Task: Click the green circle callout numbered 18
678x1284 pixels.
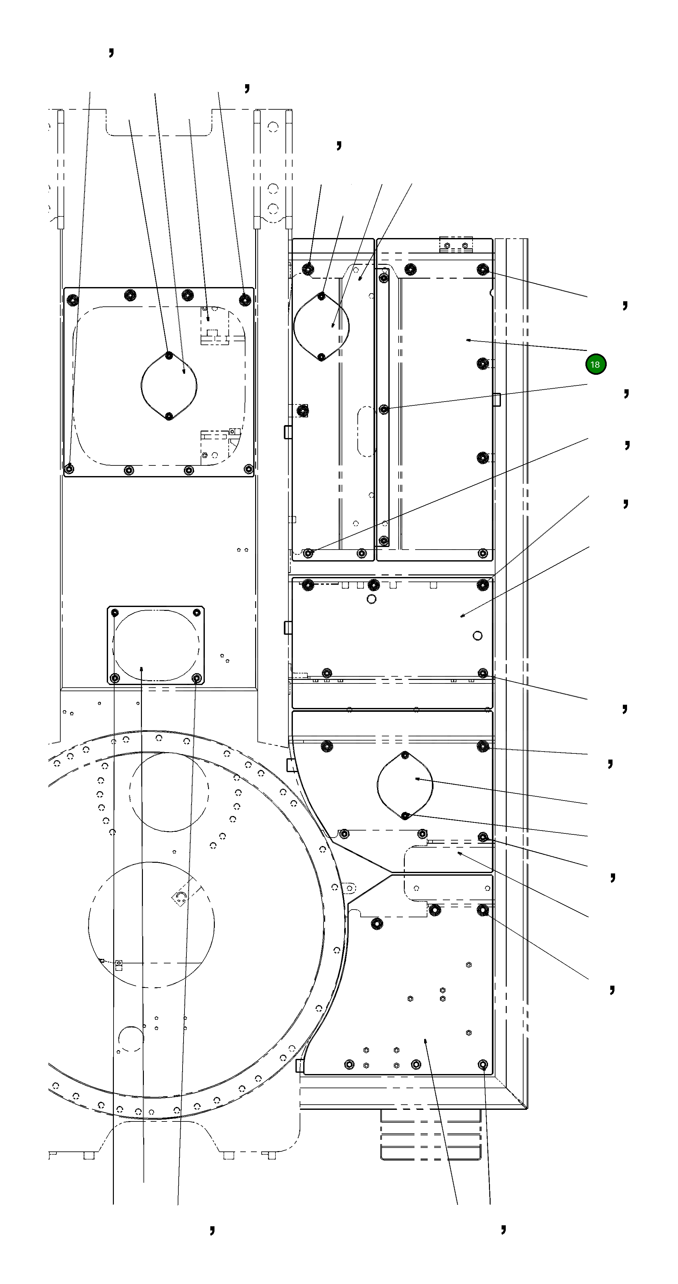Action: point(595,364)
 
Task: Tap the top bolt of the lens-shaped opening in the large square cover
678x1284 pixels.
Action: point(169,355)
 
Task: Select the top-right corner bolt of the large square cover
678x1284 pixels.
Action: point(245,300)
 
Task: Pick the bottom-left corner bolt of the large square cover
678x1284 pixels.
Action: point(70,469)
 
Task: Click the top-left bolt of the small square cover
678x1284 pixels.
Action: point(115,612)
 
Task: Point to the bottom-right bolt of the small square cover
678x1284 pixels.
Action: point(197,678)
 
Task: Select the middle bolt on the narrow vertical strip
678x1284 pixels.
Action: point(384,409)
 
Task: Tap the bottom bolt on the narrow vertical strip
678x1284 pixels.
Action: point(384,540)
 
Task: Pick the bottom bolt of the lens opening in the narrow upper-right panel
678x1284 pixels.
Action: point(322,357)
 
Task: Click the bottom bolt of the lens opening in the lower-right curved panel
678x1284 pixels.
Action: point(405,815)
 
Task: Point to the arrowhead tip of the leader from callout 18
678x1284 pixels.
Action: point(467,340)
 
